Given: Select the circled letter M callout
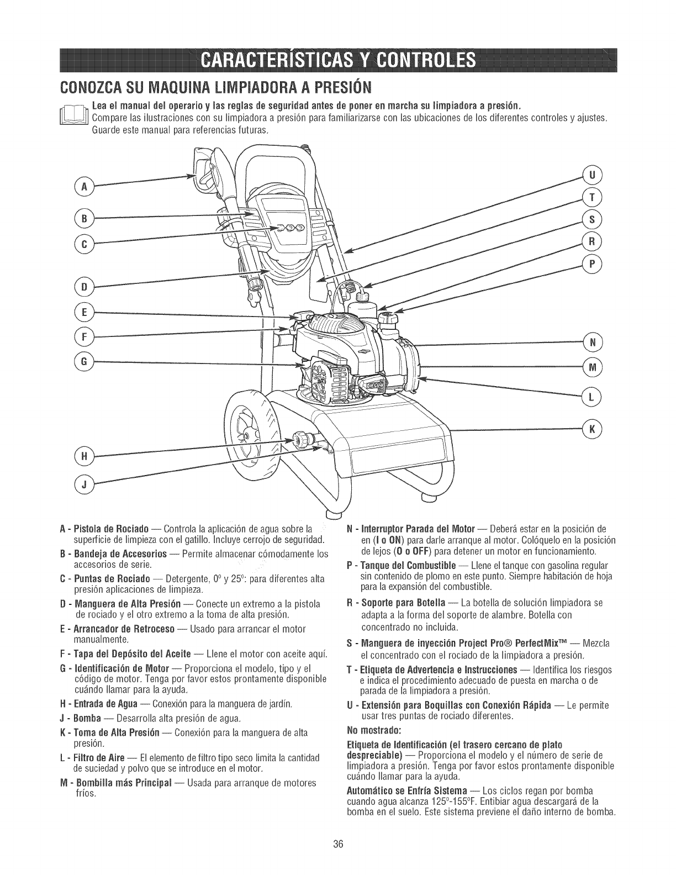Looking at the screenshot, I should (x=592, y=366).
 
